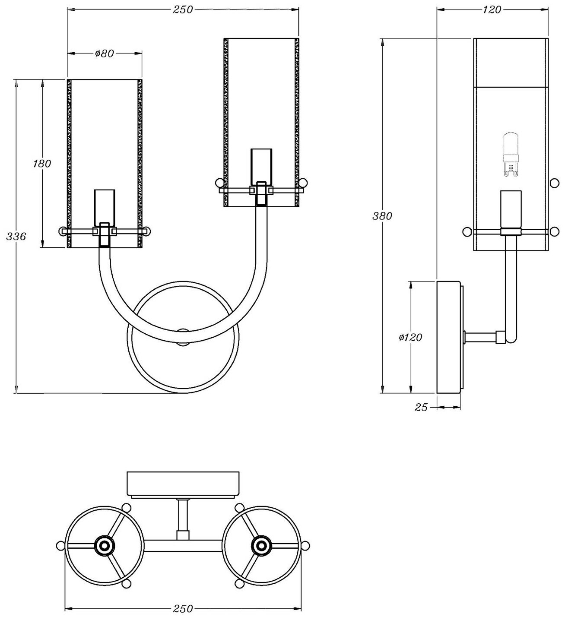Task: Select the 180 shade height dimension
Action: click(42, 164)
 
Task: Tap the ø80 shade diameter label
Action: click(104, 54)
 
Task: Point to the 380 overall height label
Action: click(382, 216)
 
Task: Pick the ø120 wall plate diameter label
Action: click(410, 337)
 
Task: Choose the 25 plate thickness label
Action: click(421, 407)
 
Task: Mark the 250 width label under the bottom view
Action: click(182, 609)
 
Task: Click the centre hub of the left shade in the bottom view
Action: click(104, 545)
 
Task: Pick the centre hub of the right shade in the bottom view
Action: click(261, 545)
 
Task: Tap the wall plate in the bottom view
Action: click(183, 483)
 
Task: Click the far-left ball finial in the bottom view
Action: click(60, 545)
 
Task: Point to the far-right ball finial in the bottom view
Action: click(305, 545)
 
